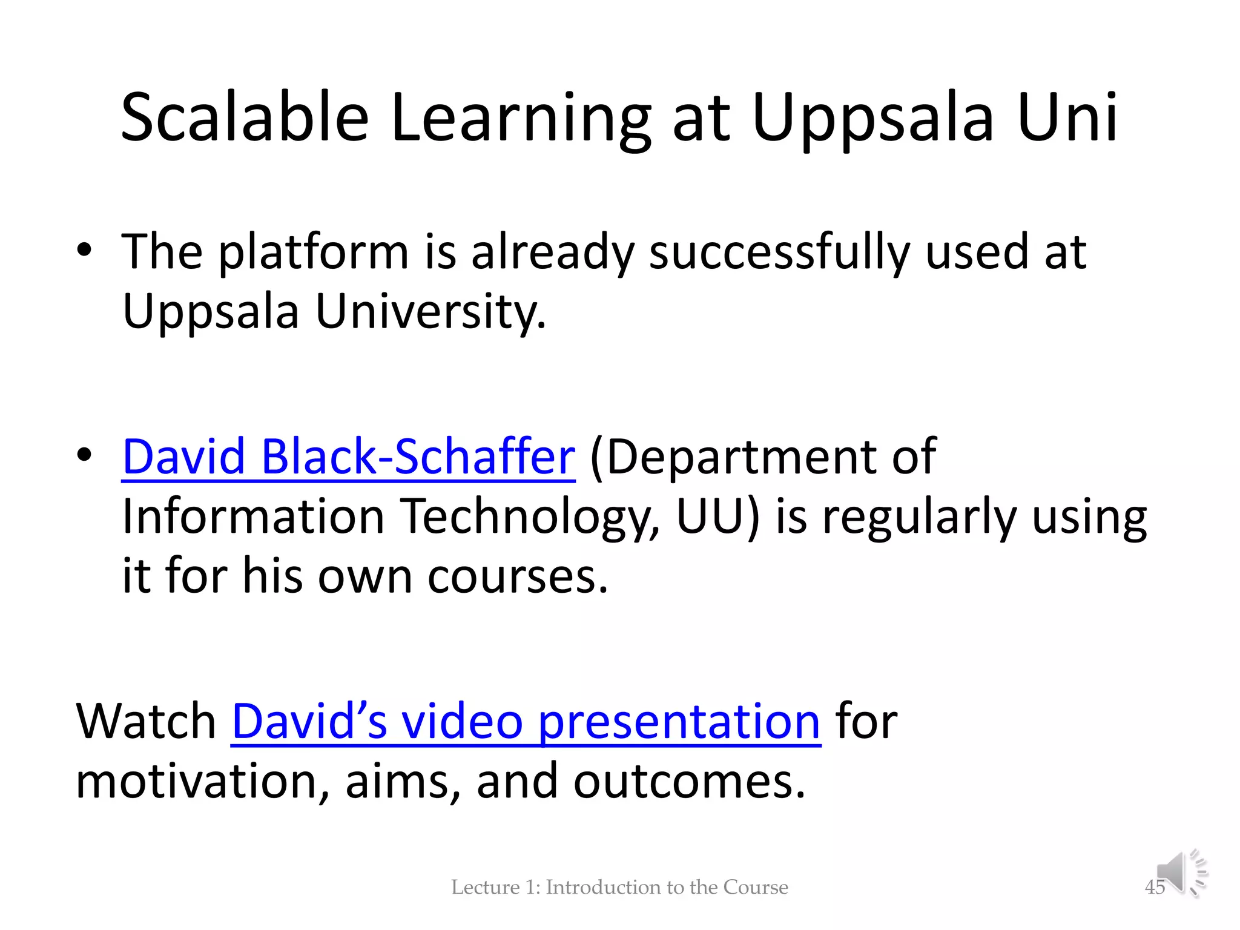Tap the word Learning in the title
click(x=521, y=117)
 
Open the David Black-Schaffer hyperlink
click(x=348, y=457)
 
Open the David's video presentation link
click(x=526, y=722)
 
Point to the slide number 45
click(x=1154, y=888)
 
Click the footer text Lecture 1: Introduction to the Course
click(x=619, y=888)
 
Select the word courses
click(x=517, y=576)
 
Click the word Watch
click(x=146, y=722)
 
